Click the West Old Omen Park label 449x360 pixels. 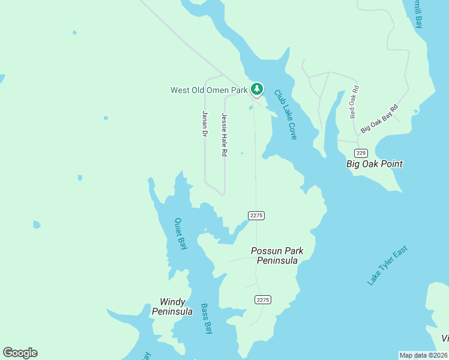[209, 91]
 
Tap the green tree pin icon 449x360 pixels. [257, 89]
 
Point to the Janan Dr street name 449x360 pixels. [205, 124]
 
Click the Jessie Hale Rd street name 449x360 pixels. [224, 135]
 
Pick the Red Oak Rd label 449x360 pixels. [354, 101]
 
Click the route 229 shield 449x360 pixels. [360, 153]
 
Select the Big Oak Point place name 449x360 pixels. [375, 164]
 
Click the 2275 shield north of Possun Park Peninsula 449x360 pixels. [256, 215]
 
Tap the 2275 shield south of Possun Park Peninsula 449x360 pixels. [263, 299]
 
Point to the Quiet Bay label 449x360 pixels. [180, 233]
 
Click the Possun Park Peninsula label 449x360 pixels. [277, 256]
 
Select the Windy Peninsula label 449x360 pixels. [172, 307]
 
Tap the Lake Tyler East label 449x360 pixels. [388, 265]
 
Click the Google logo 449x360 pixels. [20, 353]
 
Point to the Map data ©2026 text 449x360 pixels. [423, 355]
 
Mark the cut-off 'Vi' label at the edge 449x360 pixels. [445, 338]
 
